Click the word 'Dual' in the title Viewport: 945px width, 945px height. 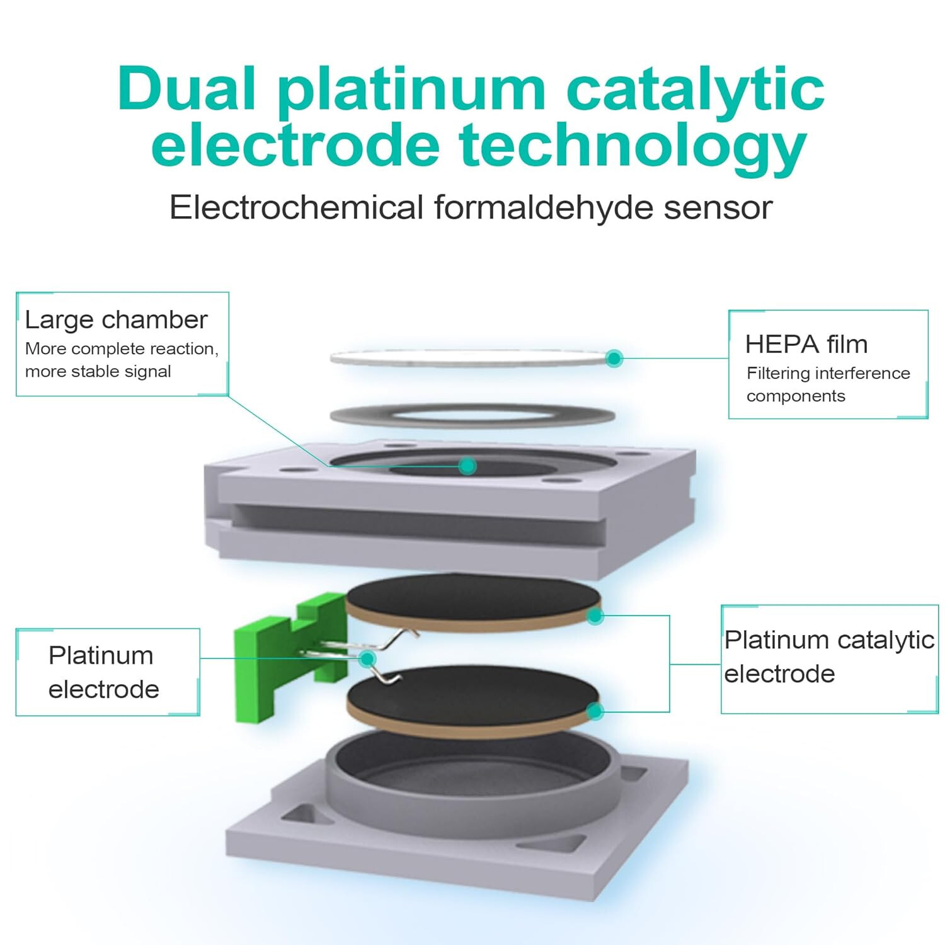coord(187,88)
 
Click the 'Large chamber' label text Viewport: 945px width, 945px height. coord(117,320)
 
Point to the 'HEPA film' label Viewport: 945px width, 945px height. coord(806,345)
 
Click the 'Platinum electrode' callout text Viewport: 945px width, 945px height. coord(103,672)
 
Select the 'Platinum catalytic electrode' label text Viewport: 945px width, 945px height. coord(829,656)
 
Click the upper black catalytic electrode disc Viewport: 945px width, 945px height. coord(472,602)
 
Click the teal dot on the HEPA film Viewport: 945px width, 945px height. coord(614,358)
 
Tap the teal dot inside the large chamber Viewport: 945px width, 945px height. coord(467,466)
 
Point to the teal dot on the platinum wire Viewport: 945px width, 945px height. coord(367,659)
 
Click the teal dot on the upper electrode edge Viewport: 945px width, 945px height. coord(595,616)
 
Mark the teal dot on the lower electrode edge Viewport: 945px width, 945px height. coord(595,712)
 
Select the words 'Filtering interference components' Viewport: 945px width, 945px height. coord(828,384)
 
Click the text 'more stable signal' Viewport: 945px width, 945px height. coord(98,372)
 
